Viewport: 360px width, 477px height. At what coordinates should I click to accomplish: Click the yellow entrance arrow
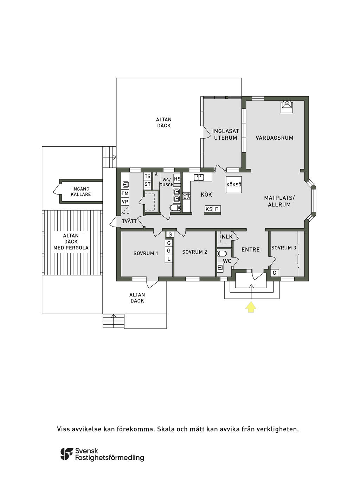point(251,307)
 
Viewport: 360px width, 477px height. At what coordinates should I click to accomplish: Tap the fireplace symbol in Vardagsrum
point(287,107)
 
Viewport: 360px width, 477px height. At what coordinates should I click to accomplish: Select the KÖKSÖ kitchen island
point(234,184)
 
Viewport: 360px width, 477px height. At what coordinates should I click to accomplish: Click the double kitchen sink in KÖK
point(199,178)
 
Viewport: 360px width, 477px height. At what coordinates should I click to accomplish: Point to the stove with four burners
point(186,196)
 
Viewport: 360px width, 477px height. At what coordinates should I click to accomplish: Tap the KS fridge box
point(209,209)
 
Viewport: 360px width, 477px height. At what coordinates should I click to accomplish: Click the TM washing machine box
point(125,193)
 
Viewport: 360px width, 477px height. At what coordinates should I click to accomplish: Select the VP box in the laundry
point(125,202)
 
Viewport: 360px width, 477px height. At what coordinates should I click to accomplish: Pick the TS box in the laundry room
point(147,176)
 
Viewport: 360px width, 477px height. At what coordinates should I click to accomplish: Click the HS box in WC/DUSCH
point(177,179)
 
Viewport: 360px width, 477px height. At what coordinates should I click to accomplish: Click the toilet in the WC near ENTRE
point(222,253)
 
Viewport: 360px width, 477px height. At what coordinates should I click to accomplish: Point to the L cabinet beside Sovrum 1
point(168,259)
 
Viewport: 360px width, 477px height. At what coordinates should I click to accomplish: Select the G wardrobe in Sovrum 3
point(275,273)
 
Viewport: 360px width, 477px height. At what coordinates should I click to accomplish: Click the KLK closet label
point(227,236)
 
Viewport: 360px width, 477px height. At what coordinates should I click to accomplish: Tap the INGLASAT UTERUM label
point(225,134)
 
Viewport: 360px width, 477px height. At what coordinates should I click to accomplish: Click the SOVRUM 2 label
point(194,252)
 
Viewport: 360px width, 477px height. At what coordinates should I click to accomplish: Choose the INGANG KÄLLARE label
point(81,191)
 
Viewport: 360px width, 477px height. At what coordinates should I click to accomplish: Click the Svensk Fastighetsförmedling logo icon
point(67,454)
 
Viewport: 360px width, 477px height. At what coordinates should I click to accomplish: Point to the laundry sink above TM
point(125,184)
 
